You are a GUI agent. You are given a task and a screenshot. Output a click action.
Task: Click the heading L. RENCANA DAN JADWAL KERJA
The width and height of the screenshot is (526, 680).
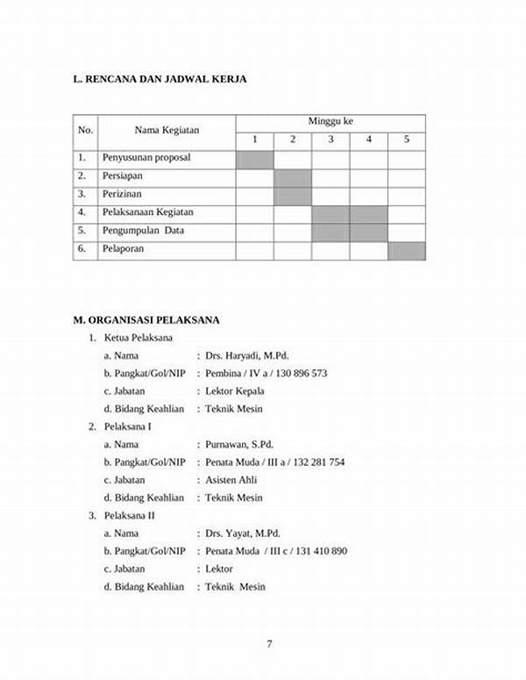[160, 79]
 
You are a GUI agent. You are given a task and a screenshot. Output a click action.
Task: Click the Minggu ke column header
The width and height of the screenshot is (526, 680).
[331, 121]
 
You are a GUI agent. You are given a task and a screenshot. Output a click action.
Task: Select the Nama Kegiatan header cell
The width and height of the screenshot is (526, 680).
[167, 131]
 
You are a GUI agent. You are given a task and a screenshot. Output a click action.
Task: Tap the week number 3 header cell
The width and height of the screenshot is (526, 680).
[331, 140]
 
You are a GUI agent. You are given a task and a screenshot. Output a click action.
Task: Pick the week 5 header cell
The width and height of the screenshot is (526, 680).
[407, 140]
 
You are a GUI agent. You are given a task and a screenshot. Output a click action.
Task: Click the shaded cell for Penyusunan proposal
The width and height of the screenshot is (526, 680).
[254, 159]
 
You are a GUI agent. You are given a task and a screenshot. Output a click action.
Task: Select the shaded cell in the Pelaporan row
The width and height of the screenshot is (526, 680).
[407, 250]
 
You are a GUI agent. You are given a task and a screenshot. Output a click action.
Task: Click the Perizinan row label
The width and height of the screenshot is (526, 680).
[122, 194]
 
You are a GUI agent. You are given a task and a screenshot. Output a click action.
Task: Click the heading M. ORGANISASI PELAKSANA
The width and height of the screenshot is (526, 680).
[146, 319]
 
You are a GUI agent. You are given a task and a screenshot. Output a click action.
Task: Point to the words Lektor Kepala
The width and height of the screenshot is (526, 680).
[235, 391]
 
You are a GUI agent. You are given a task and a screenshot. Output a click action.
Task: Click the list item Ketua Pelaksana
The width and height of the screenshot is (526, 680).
[138, 338]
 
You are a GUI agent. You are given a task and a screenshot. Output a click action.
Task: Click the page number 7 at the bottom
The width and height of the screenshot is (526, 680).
[269, 645]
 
